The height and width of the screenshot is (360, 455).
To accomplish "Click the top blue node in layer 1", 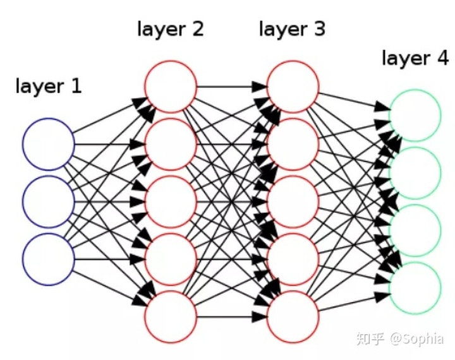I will [x=48, y=144].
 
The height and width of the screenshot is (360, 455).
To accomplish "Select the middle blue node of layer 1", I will [x=48, y=201].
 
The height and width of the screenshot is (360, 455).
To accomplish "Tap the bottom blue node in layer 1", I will [x=48, y=259].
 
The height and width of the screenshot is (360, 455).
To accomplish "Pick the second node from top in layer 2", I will [x=171, y=145].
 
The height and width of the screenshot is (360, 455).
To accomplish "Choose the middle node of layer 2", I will [x=171, y=201].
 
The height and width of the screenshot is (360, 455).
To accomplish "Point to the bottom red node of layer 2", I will [x=171, y=316].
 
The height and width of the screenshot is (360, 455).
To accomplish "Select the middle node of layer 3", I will [x=293, y=201].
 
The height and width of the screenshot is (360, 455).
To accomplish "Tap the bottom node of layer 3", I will [x=293, y=316].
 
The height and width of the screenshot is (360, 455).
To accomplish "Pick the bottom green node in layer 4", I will [x=415, y=288].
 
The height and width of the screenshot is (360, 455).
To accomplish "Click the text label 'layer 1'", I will [x=49, y=86].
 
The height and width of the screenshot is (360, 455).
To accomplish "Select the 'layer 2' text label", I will [x=171, y=29].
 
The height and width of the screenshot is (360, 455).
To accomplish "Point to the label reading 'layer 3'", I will [x=293, y=29].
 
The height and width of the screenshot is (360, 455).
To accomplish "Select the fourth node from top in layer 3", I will [x=293, y=259].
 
